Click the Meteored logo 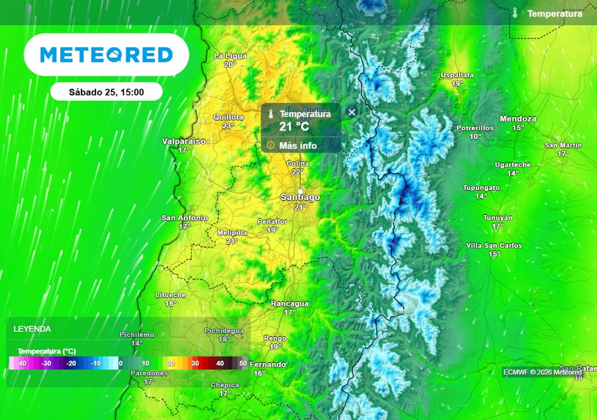tap(106, 55)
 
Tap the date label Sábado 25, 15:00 tap(106, 92)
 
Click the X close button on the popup tap(352, 112)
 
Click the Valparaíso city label tap(184, 142)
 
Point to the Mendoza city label tap(518, 119)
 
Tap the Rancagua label tap(290, 304)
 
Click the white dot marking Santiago tap(300, 191)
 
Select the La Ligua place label tap(230, 56)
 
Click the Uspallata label tap(457, 75)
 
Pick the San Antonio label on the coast tap(185, 218)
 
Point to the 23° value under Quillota tap(228, 126)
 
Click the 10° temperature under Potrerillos tap(475, 136)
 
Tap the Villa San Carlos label tap(494, 246)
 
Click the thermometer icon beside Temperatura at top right tap(515, 13)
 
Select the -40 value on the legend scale tap(22, 363)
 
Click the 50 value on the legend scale tap(243, 363)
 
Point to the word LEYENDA tap(32, 329)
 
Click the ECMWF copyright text tap(542, 372)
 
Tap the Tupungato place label tap(481, 188)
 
